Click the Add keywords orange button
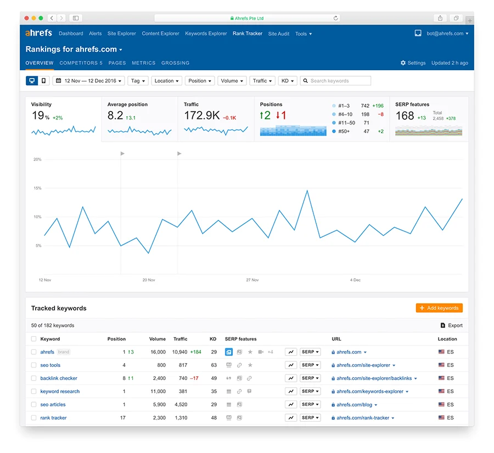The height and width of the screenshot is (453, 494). [439, 308]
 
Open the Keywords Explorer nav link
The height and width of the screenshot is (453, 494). [206, 33]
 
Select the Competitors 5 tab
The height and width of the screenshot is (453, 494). [81, 63]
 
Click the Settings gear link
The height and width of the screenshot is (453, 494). [413, 63]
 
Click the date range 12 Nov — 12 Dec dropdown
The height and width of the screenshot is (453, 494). [88, 81]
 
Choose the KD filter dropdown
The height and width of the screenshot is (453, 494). [288, 81]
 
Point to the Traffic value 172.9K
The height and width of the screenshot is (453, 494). [202, 116]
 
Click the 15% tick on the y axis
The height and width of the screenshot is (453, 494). [37, 188]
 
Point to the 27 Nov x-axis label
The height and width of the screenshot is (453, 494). [252, 280]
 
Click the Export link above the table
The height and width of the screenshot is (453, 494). [452, 325]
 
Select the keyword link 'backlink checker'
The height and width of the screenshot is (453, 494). [59, 378]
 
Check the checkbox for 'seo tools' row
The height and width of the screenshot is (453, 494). [34, 365]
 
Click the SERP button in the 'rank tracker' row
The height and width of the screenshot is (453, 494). [310, 418]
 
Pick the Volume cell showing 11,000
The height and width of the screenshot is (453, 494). [157, 392]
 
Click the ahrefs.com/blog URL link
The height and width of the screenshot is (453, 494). [354, 405]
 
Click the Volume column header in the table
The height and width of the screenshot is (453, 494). [158, 339]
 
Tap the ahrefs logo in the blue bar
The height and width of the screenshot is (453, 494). [38, 33]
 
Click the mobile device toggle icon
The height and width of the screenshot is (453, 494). [44, 81]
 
